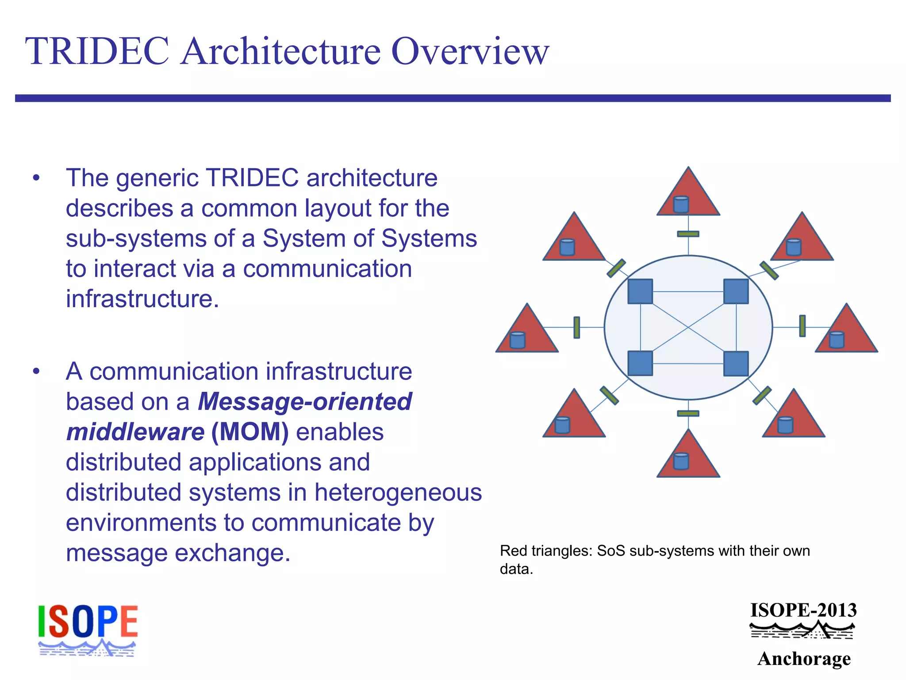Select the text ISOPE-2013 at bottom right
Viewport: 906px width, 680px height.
(803, 610)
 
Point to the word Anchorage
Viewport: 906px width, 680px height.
(804, 658)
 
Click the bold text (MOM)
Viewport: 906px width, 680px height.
(250, 432)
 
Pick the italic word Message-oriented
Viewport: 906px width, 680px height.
(305, 402)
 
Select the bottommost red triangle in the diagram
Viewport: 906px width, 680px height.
(688, 458)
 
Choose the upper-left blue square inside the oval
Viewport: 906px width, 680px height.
(640, 291)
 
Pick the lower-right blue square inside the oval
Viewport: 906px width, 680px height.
(736, 363)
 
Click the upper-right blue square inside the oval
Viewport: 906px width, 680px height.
(736, 291)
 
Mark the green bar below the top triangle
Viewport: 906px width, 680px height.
(688, 234)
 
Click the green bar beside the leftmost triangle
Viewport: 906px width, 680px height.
(576, 328)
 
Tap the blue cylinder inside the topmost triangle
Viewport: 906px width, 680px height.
(681, 205)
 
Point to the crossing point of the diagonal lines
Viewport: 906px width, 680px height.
(688, 327)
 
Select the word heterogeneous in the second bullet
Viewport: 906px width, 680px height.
(398, 492)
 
